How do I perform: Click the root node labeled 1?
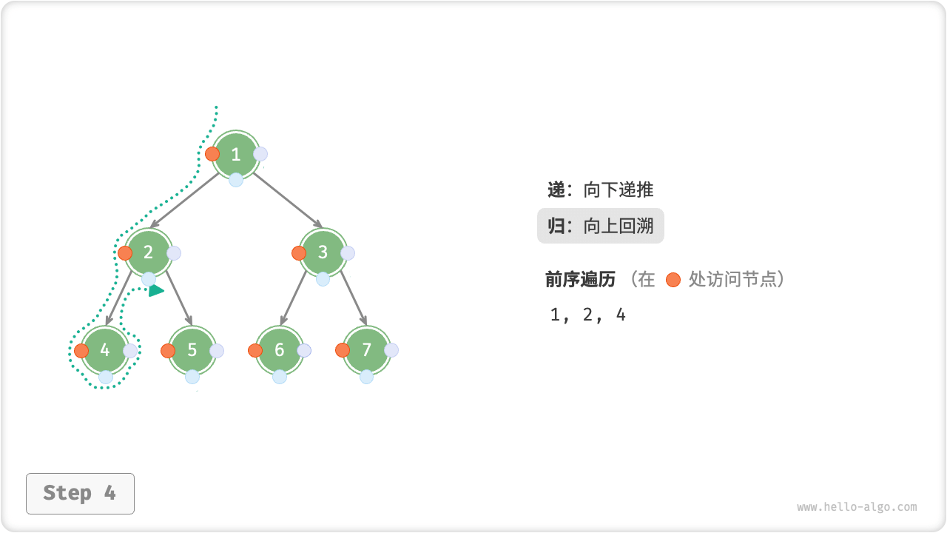(236, 154)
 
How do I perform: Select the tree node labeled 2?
(149, 252)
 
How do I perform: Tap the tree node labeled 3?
(323, 252)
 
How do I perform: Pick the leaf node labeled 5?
(192, 350)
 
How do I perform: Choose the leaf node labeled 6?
(280, 350)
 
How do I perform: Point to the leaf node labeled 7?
(367, 350)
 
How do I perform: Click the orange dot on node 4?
(81, 351)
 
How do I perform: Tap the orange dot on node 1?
(212, 154)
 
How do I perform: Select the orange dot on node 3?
(299, 253)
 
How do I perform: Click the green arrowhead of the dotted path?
(155, 291)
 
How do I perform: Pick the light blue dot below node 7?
(367, 377)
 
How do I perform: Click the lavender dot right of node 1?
(260, 154)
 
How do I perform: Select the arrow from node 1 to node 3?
(289, 200)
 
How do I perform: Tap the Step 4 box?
(80, 493)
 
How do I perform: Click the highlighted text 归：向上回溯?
(601, 226)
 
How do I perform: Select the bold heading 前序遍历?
(581, 279)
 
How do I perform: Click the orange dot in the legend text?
(673, 280)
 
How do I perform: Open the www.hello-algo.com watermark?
(857, 507)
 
